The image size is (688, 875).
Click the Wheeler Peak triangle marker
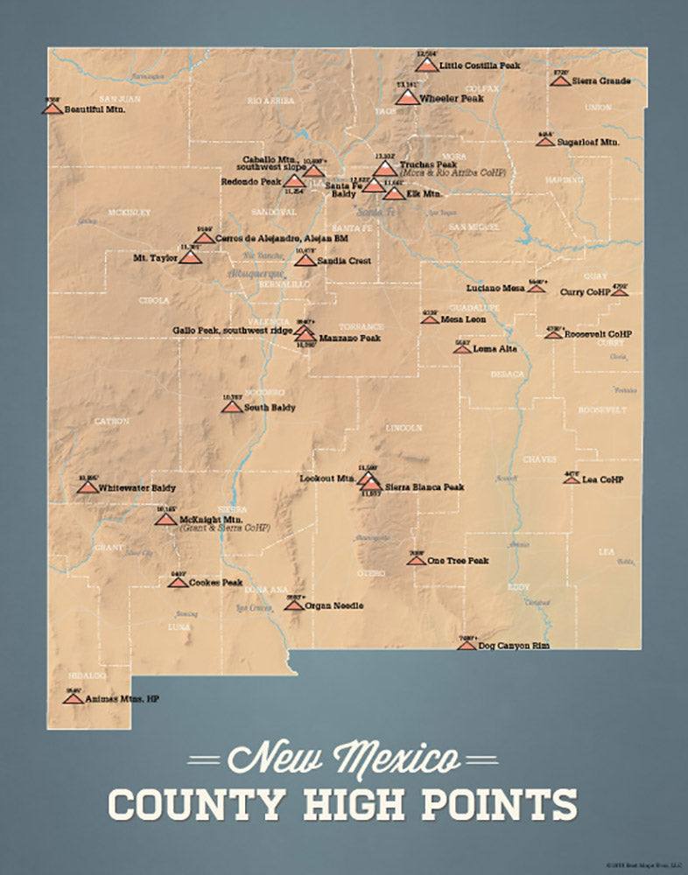407,97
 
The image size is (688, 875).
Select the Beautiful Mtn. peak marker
52,108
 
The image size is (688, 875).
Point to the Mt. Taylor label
154,258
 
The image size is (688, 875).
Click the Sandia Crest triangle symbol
305,260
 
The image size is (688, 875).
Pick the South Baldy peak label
270,408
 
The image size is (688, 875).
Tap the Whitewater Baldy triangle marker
87,486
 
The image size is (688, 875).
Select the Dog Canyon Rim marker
467,645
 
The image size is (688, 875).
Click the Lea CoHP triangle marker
572,479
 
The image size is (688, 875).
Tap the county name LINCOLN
404,428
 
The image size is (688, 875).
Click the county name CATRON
111,421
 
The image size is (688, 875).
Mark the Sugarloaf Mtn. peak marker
545,140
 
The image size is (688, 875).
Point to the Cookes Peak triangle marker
178,582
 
